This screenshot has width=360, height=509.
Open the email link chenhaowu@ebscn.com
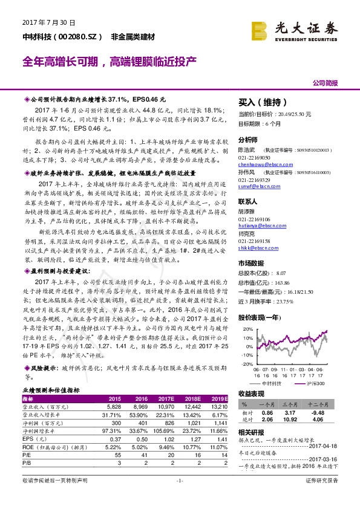[260, 163]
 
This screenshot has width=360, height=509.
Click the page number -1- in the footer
[180, 496]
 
